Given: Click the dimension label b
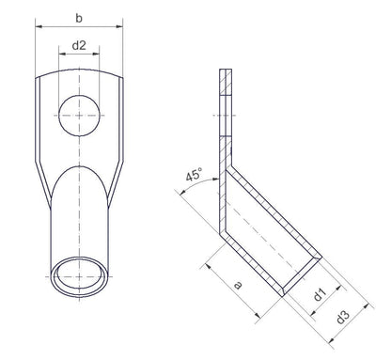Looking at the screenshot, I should (80, 17).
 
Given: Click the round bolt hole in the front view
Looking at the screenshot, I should (80, 116).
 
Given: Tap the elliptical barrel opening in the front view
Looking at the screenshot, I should (80, 278).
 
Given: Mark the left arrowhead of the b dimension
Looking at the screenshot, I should (39, 29).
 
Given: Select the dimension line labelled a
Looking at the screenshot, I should (239, 274).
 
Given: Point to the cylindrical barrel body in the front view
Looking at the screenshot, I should (80, 216).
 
